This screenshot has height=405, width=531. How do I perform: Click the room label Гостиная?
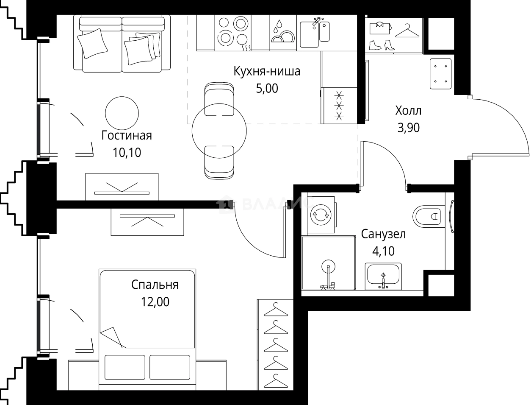tap(127, 136)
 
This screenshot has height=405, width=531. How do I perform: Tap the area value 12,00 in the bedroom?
tap(155, 302)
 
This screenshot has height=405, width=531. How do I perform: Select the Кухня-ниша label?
tap(267, 71)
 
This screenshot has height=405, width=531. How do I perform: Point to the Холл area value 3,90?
tap(408, 128)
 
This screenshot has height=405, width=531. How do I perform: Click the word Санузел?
tap(383, 234)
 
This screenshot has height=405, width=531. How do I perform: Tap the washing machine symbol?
tap(321, 215)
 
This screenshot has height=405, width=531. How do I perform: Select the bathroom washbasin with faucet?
tap(383, 277)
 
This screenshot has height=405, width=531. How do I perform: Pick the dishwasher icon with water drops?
tap(282, 33)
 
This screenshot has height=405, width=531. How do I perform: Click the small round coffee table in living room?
tap(122, 113)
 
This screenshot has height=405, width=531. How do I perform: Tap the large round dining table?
tap(219, 131)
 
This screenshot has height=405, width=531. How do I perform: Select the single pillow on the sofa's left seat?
tap(92, 44)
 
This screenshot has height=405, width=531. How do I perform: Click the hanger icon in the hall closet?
tap(407, 31)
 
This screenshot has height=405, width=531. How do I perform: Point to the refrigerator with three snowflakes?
tap(339, 106)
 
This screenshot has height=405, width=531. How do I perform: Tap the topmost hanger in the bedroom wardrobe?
tap(276, 310)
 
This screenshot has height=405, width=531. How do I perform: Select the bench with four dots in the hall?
tap(440, 74)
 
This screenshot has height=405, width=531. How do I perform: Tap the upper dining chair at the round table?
tap(219, 99)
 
